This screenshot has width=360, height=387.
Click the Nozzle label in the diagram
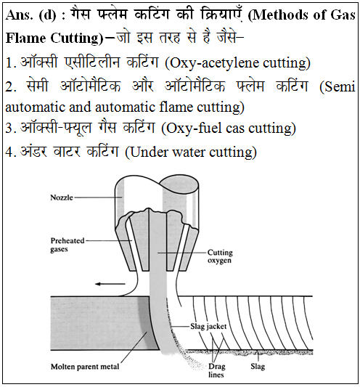[x=62, y=197]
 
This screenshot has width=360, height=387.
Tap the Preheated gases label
[x=67, y=245]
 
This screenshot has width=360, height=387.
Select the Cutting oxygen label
[x=220, y=256]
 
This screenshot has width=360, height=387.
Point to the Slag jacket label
[x=208, y=326]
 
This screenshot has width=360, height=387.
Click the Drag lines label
[x=216, y=370]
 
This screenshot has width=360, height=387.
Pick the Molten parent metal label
[x=85, y=367]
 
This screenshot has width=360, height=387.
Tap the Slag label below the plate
[x=258, y=366]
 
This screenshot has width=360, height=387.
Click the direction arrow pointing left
[x=110, y=284]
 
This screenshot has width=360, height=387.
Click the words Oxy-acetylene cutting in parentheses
[x=237, y=63]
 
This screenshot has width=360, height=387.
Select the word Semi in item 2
[x=340, y=86]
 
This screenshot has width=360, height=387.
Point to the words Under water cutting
[x=191, y=152]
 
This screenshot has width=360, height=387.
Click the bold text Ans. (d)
[x=31, y=15]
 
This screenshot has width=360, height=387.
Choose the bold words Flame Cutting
[x=52, y=38]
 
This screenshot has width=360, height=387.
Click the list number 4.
[x=9, y=152]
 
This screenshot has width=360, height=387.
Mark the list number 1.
[x=9, y=63]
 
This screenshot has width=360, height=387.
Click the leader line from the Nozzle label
[x=98, y=197]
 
